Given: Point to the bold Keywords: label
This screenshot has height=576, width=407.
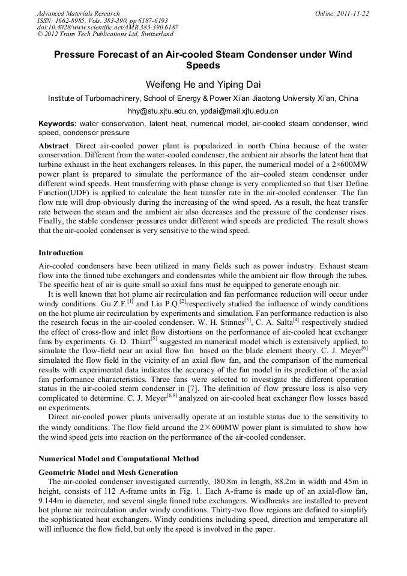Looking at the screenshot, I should pyautogui.click(x=58, y=123).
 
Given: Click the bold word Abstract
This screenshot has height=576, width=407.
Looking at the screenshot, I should pyautogui.click(x=53, y=146).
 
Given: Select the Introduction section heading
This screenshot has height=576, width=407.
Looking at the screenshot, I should pyautogui.click(x=61, y=253).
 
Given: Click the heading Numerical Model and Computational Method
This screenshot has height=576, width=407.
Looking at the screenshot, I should pyautogui.click(x=118, y=459).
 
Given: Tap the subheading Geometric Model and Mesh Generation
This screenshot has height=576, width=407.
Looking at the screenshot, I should pyautogui.click(x=108, y=473).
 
